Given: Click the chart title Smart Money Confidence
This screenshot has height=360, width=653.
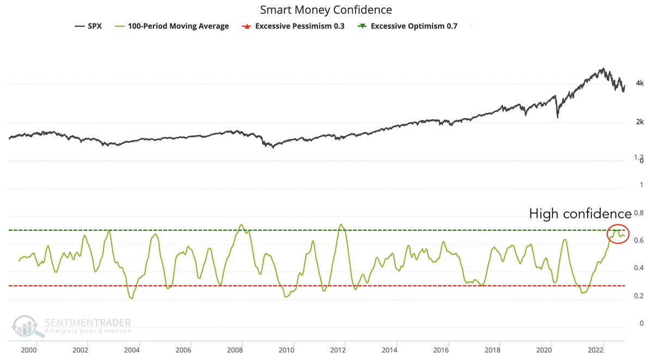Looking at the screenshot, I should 326,10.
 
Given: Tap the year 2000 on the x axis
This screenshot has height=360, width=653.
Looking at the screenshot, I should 29,350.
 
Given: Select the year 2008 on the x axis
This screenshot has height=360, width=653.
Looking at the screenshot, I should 235,350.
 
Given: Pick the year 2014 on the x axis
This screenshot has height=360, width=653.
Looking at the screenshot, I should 390,350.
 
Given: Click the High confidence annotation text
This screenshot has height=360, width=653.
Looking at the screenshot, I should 580,214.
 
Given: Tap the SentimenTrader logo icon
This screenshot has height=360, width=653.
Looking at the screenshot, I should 25,325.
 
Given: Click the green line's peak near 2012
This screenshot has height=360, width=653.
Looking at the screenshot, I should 341,224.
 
